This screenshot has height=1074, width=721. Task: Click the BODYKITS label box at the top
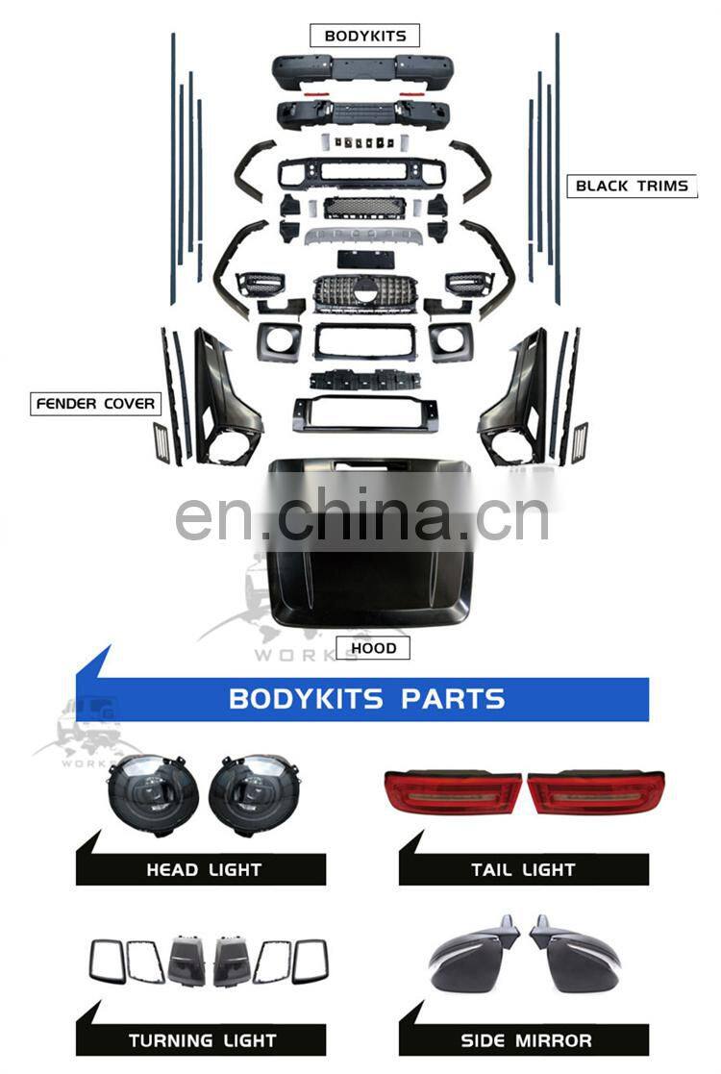(x=365, y=37)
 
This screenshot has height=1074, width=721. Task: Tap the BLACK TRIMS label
(x=632, y=186)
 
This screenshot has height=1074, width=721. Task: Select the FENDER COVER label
(x=95, y=403)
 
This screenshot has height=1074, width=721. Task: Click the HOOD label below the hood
(x=373, y=648)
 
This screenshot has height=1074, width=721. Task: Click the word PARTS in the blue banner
(x=452, y=699)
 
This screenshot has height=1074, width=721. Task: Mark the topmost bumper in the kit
(x=360, y=70)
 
